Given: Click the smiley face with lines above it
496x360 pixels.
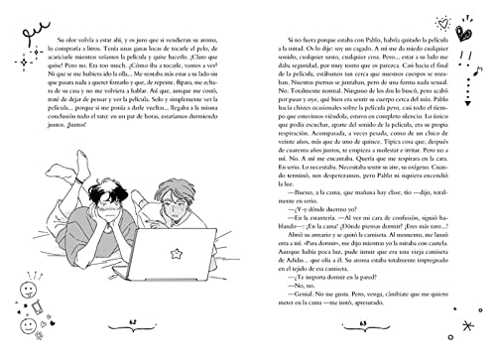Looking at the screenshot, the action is (27, 297).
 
